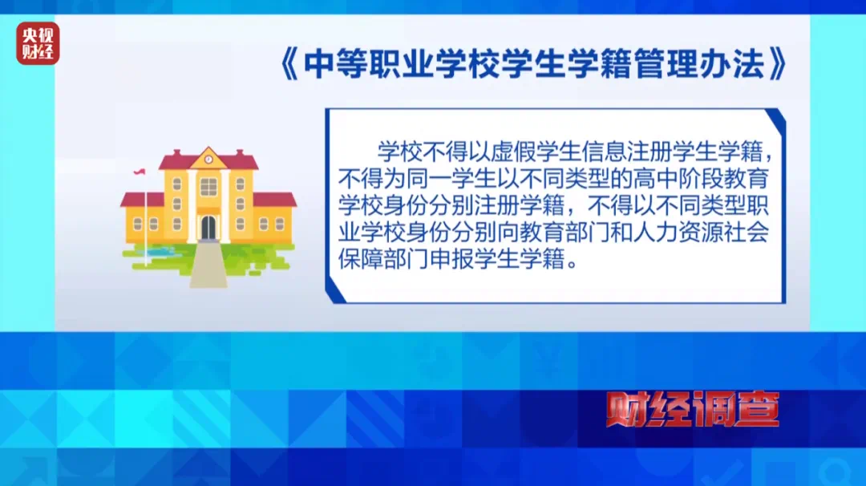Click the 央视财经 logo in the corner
(38, 43)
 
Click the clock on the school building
(208, 159)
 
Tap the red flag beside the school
(140, 172)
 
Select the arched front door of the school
(208, 227)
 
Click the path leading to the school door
(208, 265)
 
